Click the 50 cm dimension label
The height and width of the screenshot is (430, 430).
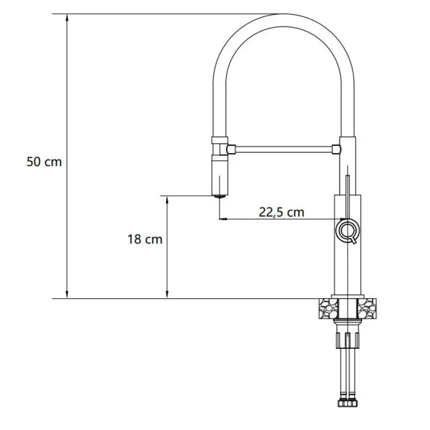[x=45, y=162]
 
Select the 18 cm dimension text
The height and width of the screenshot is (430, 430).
[x=145, y=239]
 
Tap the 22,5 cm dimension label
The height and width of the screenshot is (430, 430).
[x=281, y=212]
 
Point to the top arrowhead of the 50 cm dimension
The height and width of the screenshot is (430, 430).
[x=67, y=17]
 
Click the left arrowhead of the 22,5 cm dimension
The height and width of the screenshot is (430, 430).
[x=223, y=219]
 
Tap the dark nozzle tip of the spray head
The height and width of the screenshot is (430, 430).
[x=219, y=196]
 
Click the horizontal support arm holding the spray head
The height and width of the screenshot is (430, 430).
[x=284, y=147]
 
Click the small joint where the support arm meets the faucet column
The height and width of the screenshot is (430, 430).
[x=336, y=147]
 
